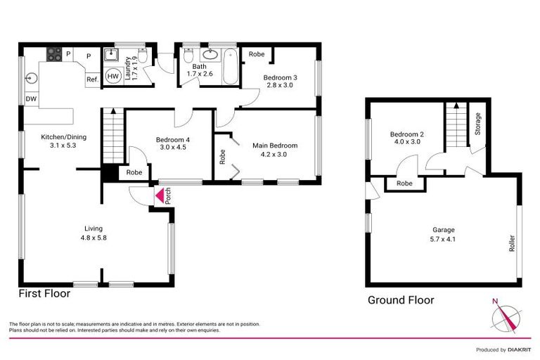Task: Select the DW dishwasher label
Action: click(31, 99)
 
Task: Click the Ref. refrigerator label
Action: click(92, 79)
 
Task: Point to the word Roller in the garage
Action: click(510, 243)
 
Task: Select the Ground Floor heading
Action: click(401, 300)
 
